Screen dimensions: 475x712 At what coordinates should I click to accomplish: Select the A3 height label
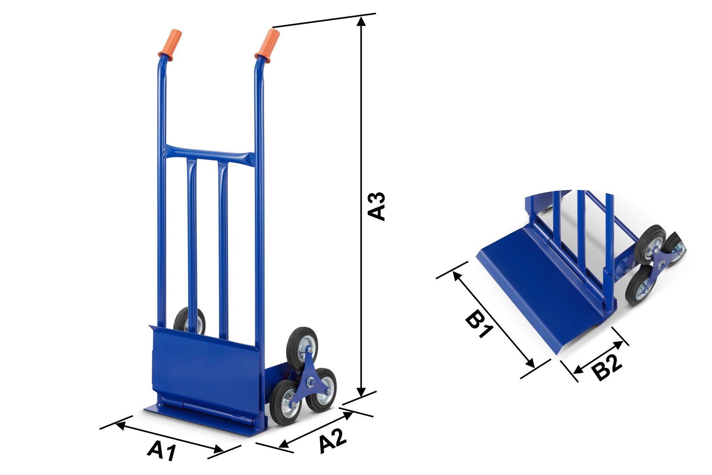tap(377, 206)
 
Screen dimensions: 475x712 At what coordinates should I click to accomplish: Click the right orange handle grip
tap(267, 45)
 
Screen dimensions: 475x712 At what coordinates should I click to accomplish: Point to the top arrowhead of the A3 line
tap(362, 21)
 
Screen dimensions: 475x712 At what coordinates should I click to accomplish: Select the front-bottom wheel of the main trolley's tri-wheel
tap(287, 403)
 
